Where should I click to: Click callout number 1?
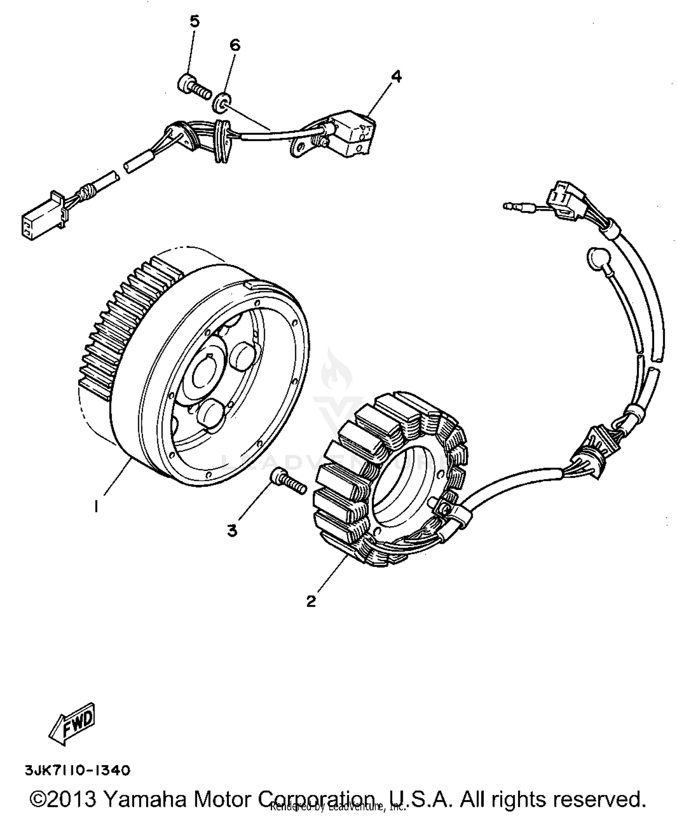click(x=96, y=507)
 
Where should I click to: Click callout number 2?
click(x=311, y=601)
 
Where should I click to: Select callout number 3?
click(x=232, y=531)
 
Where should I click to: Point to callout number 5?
click(x=194, y=22)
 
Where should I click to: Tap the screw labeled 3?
click(x=289, y=482)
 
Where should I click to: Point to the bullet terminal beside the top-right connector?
click(x=519, y=207)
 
